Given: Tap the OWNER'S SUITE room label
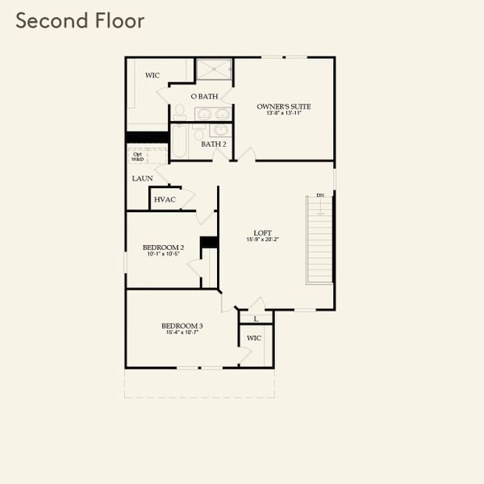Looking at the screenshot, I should (x=284, y=106).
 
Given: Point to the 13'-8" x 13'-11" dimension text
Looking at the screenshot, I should (x=284, y=114).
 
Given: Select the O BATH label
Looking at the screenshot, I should (x=205, y=97).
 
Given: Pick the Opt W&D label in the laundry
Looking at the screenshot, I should (x=138, y=156).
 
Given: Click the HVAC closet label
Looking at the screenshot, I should (x=165, y=199).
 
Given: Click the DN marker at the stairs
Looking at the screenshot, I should (x=319, y=195).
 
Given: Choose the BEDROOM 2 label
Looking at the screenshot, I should (x=162, y=247).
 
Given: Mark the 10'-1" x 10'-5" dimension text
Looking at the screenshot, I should (x=162, y=254).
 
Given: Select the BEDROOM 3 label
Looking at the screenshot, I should (x=183, y=326).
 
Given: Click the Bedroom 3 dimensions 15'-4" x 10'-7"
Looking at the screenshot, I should (x=183, y=333).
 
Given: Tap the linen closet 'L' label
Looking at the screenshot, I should (x=256, y=319).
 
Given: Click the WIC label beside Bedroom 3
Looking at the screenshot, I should (x=254, y=339).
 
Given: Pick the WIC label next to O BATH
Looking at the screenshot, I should (x=152, y=75).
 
